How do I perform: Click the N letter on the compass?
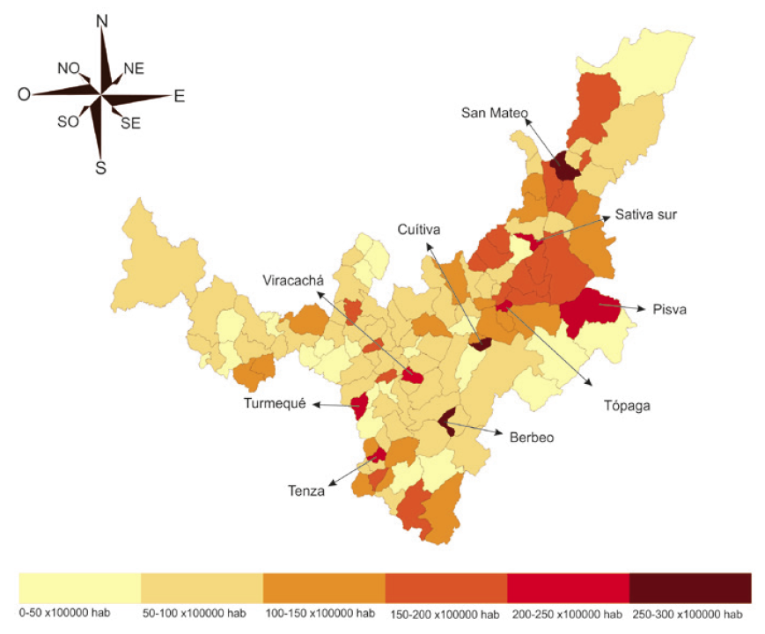pyautogui.click(x=101, y=20)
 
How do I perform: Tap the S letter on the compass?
pyautogui.click(x=100, y=166)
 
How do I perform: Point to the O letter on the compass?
pyautogui.click(x=24, y=94)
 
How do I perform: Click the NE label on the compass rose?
pyautogui.click(x=134, y=69)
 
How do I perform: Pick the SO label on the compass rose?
pyautogui.click(x=68, y=122)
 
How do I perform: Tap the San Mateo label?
pyautogui.click(x=495, y=113)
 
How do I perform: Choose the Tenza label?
pyautogui.click(x=305, y=491)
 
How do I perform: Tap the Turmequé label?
pyautogui.click(x=275, y=404)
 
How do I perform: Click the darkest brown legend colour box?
pyautogui.click(x=690, y=587)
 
